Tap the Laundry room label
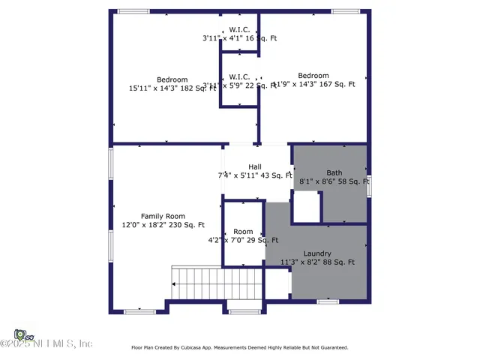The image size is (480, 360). [317, 253]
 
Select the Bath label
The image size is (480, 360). [334, 172]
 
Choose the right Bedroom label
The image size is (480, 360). [313, 76]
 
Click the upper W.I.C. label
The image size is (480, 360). [239, 29]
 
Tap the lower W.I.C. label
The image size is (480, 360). [239, 76]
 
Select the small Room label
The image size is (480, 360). [243, 232]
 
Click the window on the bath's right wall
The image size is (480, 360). [369, 185]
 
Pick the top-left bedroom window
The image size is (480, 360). [133, 11]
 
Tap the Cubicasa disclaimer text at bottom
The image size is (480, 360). [239, 347]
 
